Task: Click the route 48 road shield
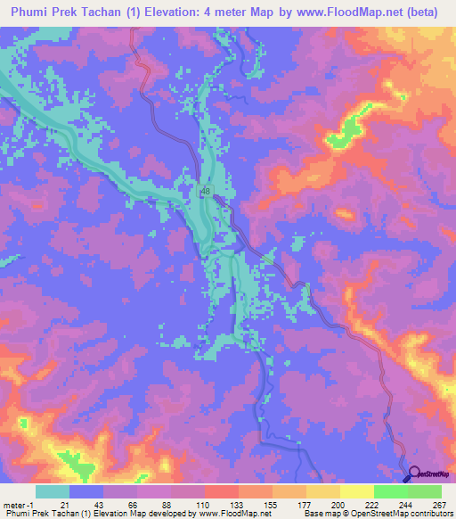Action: [206, 192]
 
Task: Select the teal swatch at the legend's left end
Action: [53, 492]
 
